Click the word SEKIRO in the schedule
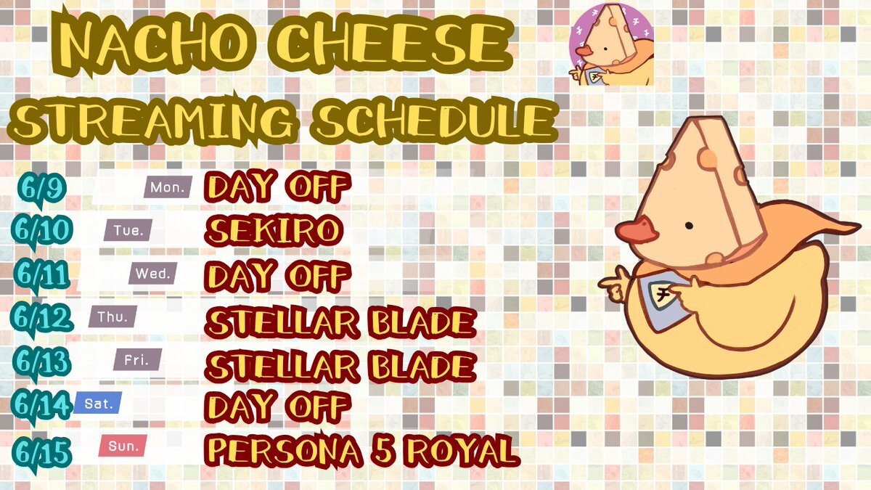tap(274, 231)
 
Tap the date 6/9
tap(41, 189)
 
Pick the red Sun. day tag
tap(123, 446)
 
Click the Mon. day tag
tap(168, 187)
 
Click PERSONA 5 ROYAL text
tap(362, 451)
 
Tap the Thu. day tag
tap(113, 317)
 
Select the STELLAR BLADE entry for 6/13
tap(340, 367)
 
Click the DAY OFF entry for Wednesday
tap(277, 276)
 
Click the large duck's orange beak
tap(636, 232)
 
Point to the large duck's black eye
tap(688, 226)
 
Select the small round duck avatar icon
tap(611, 44)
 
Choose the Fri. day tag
tap(137, 359)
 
